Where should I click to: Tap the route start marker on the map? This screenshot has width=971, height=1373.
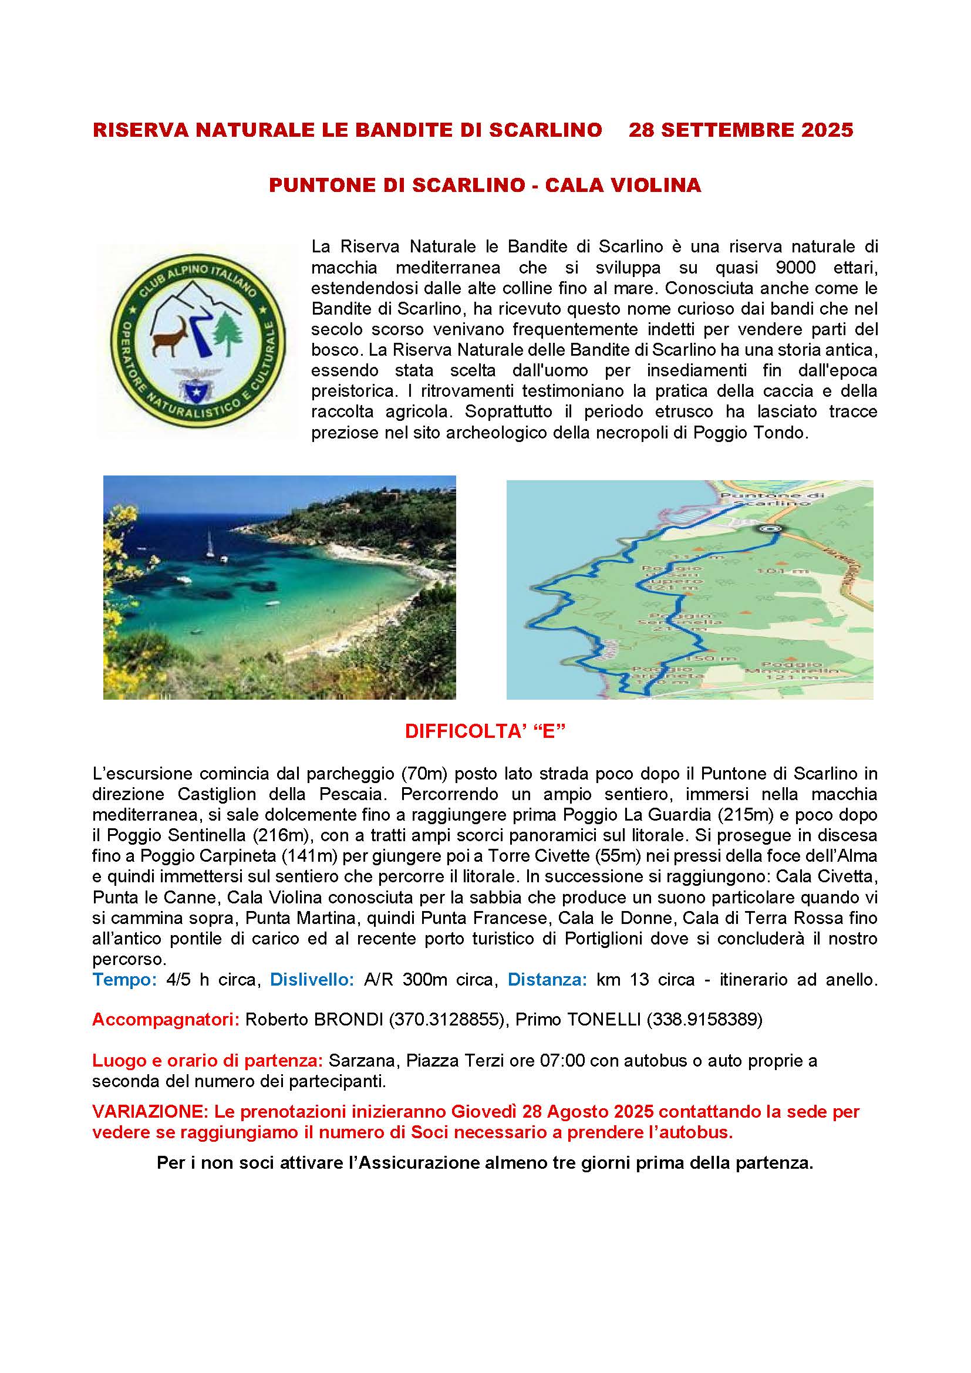(x=771, y=529)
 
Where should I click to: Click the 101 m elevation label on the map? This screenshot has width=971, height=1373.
(x=783, y=571)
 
